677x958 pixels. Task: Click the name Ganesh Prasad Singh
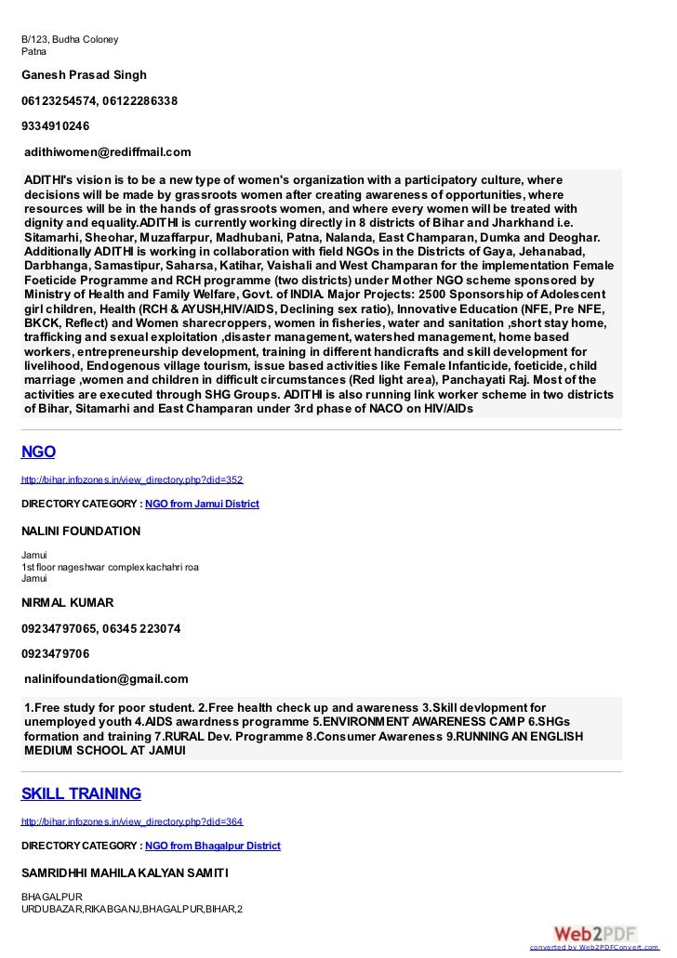pyautogui.click(x=84, y=74)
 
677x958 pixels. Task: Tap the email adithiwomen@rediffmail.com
pyautogui.click(x=108, y=151)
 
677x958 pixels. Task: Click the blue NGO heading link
pyautogui.click(x=38, y=453)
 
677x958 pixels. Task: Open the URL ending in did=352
pyautogui.click(x=132, y=480)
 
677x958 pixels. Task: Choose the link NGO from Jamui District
pyautogui.click(x=202, y=504)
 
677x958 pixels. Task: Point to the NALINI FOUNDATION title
pyautogui.click(x=81, y=531)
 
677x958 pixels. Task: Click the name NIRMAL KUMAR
pyautogui.click(x=67, y=602)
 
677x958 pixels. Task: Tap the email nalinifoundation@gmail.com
pyautogui.click(x=106, y=678)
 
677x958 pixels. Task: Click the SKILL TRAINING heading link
pyautogui.click(x=81, y=794)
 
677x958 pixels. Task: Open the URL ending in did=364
pyautogui.click(x=132, y=822)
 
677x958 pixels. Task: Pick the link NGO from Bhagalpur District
pyautogui.click(x=213, y=846)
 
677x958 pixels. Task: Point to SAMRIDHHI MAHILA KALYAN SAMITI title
pyautogui.click(x=125, y=873)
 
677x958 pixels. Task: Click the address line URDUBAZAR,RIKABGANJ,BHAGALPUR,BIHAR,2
pyautogui.click(x=131, y=908)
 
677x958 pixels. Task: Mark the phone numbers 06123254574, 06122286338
pyautogui.click(x=100, y=99)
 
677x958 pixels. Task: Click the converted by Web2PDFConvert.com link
pyautogui.click(x=599, y=949)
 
